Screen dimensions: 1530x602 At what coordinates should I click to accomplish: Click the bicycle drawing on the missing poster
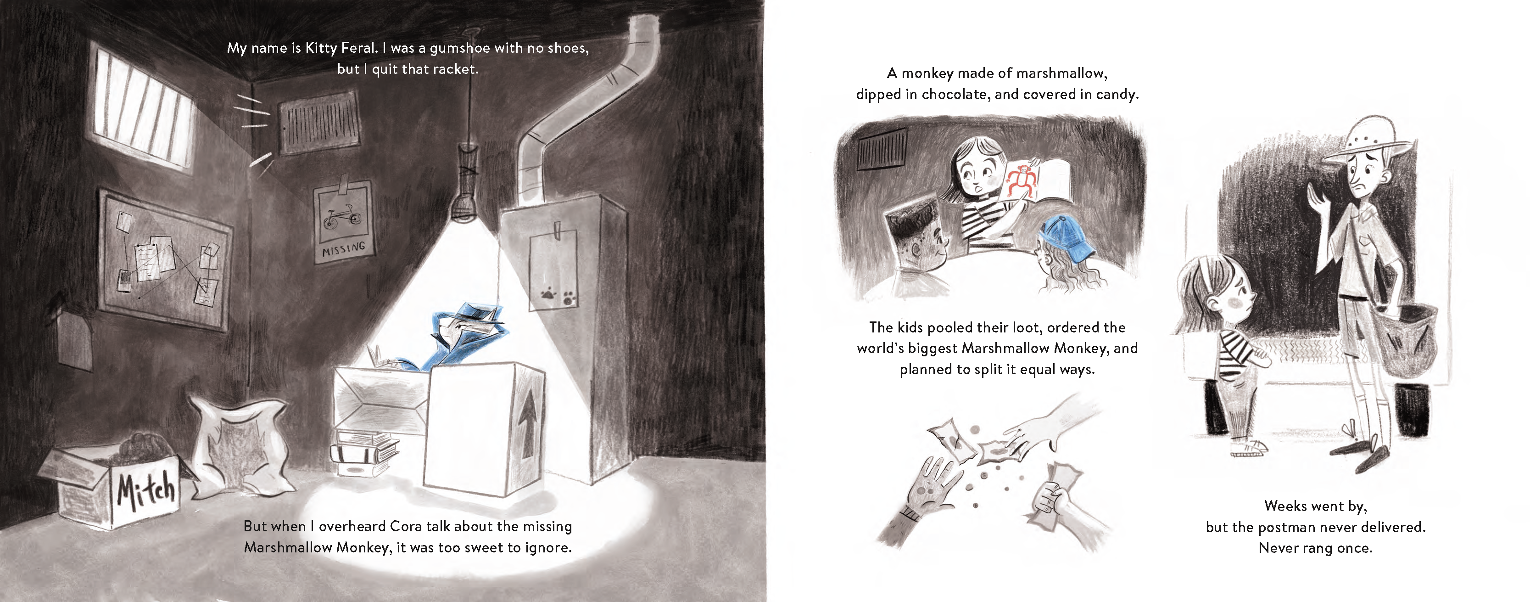(342, 215)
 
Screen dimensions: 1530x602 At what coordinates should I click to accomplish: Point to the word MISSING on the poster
(343, 249)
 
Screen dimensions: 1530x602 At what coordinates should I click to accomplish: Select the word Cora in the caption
(404, 527)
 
